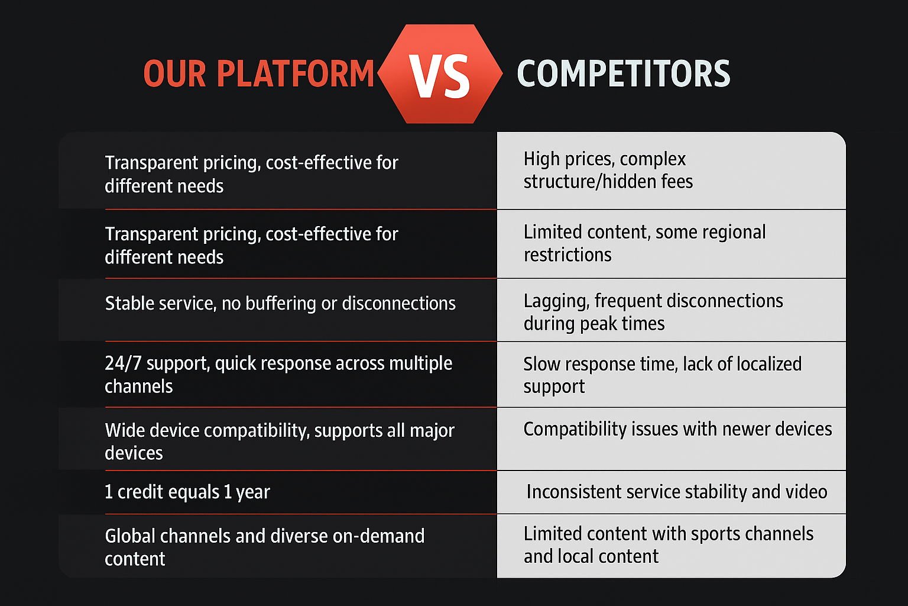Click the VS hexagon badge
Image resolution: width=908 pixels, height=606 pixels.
[x=440, y=74]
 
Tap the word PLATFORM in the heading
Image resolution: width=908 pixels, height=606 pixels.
[x=295, y=73]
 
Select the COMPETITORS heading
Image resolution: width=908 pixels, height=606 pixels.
[x=624, y=73]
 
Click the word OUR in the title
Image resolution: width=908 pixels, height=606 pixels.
[x=175, y=73]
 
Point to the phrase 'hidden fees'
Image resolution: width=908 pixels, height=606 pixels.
[x=648, y=181]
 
